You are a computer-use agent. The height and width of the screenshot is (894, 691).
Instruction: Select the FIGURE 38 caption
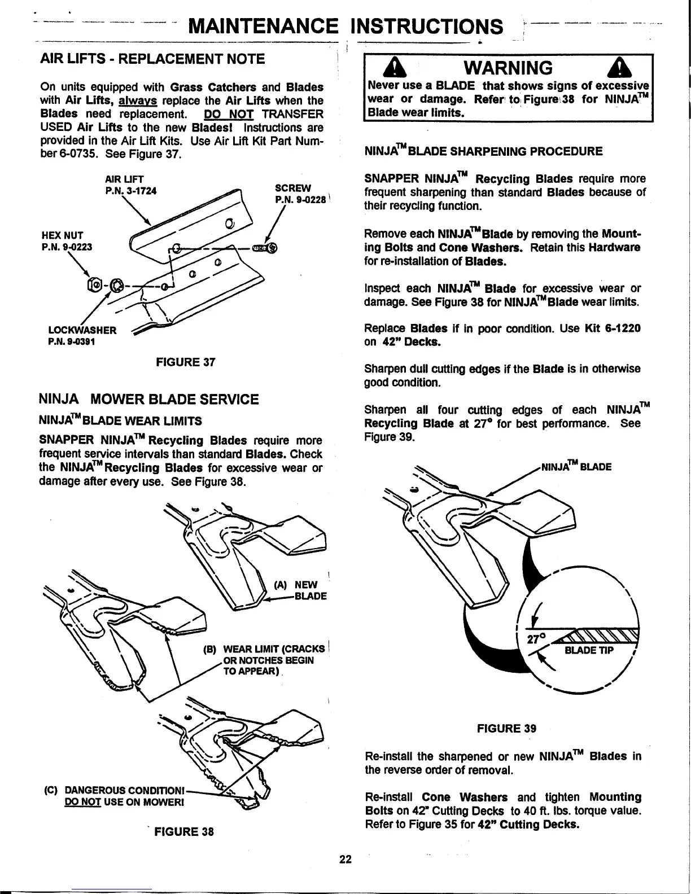point(184,832)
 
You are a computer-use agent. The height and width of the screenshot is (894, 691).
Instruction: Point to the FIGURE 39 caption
point(506,728)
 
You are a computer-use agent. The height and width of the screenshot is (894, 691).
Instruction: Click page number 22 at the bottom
point(345,860)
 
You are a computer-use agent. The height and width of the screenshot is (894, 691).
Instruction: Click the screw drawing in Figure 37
point(264,247)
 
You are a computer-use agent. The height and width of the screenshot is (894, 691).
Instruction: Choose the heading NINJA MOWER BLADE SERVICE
point(148,400)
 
